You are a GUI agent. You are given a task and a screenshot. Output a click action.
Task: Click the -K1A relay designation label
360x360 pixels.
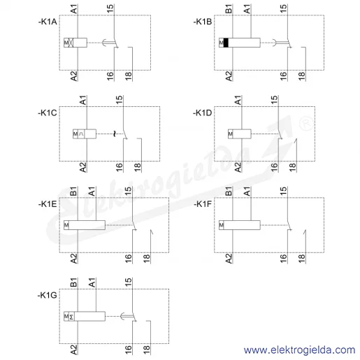[48, 22]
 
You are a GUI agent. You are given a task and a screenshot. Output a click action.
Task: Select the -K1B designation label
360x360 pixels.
[203, 22]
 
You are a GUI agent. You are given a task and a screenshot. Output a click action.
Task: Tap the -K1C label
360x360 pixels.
[48, 113]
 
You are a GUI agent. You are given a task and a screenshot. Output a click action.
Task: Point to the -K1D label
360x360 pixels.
[202, 113]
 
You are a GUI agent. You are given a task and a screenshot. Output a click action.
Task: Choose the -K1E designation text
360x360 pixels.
[48, 204]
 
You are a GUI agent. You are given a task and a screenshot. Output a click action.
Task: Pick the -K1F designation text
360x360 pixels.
[203, 204]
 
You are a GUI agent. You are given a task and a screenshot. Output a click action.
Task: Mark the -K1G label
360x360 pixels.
[48, 295]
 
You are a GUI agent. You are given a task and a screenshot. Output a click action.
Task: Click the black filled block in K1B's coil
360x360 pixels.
[226, 43]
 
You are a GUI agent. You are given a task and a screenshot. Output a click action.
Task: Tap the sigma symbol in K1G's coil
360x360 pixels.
[71, 317]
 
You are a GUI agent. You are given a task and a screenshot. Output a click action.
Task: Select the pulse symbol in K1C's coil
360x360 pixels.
[81, 134]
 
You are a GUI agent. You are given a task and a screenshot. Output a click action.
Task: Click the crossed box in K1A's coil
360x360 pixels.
[71, 43]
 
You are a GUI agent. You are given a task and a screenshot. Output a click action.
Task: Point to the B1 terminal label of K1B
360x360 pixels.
[229, 9]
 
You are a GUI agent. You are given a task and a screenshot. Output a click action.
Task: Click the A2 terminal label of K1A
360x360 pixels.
[73, 76]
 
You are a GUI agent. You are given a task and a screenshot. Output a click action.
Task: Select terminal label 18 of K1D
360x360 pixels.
[292, 167]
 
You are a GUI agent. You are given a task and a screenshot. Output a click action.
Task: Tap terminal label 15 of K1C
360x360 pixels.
[119, 100]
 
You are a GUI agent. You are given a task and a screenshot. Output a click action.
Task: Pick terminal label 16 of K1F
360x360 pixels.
[283, 259]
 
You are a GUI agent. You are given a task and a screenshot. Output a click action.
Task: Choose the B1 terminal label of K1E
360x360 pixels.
[73, 192]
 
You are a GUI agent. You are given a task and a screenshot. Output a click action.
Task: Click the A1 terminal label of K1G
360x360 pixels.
[92, 282]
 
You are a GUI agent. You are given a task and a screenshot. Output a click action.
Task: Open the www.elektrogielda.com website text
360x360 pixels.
[299, 350]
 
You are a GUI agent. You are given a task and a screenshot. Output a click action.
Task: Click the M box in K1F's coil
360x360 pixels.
[222, 225]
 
